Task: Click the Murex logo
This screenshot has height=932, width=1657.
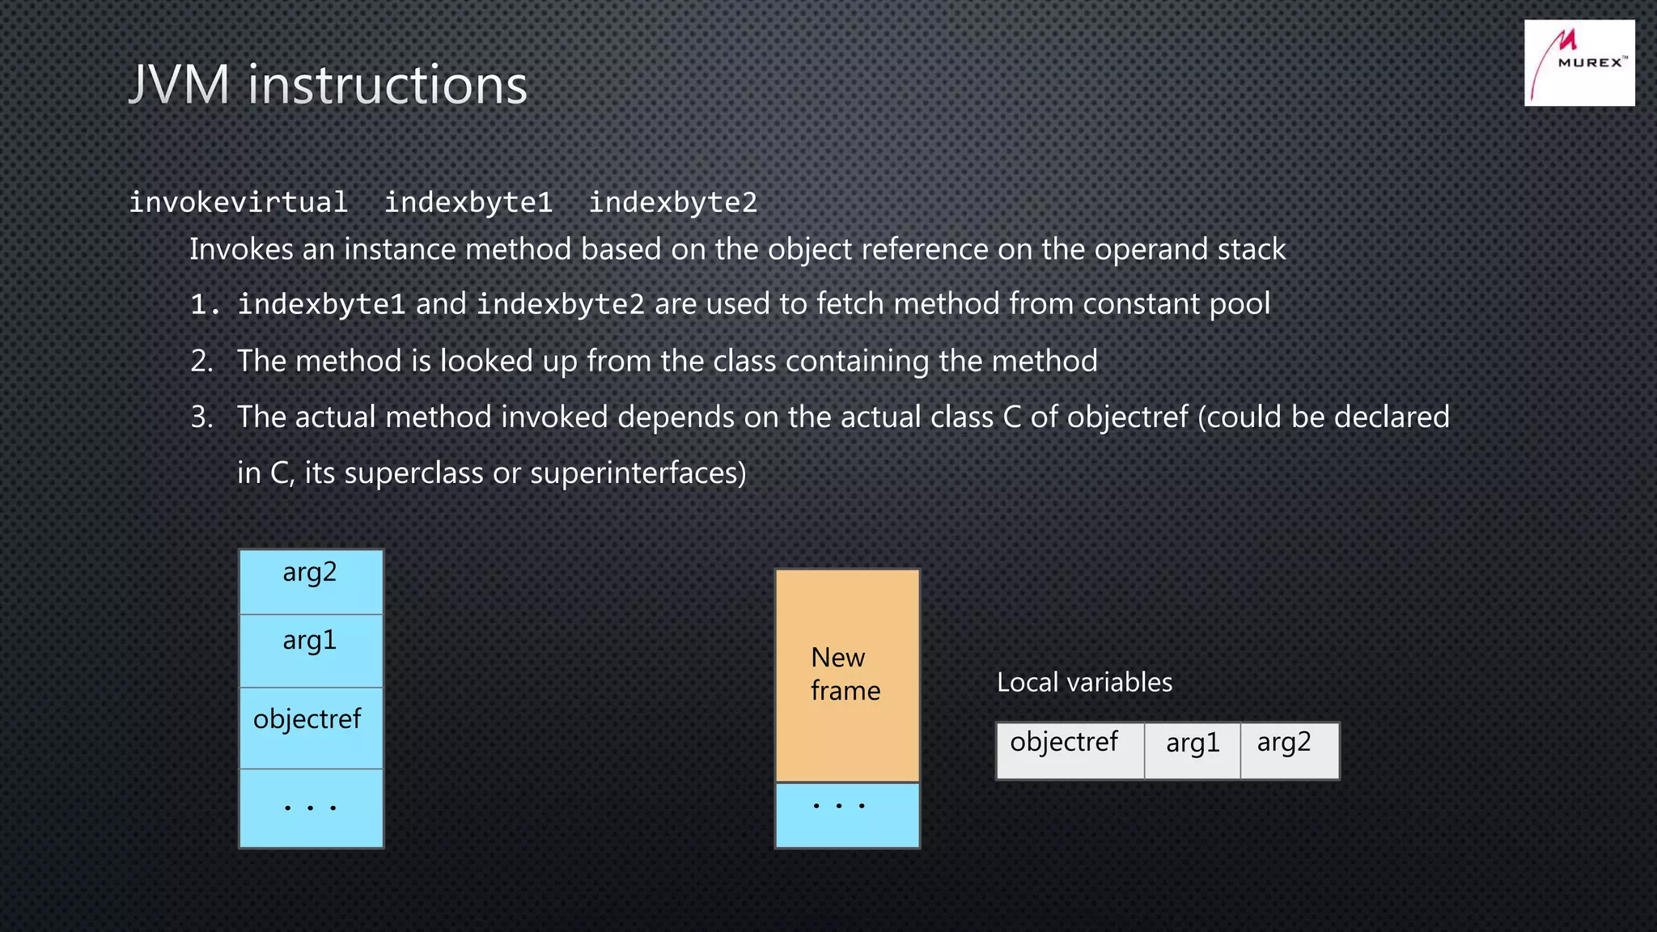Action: click(x=1579, y=63)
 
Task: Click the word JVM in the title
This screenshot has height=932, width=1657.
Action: click(x=180, y=84)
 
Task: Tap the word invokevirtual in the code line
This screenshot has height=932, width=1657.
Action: click(x=238, y=202)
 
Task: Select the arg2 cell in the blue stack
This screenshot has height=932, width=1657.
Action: click(x=311, y=581)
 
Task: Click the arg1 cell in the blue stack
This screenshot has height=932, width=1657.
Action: click(x=311, y=650)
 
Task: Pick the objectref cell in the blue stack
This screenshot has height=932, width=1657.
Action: click(x=311, y=727)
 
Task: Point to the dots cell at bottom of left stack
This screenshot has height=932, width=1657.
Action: click(x=311, y=807)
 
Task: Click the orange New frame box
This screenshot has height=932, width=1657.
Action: click(x=846, y=675)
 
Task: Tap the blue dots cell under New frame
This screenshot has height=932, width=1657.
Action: click(x=846, y=814)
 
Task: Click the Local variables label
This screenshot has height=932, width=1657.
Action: click(x=1083, y=682)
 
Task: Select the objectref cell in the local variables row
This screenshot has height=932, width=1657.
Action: click(x=1068, y=750)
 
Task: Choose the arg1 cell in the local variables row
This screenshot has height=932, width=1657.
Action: click(x=1192, y=750)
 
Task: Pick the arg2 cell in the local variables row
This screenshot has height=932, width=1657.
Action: click(x=1288, y=750)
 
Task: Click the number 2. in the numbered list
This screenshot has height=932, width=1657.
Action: click(x=201, y=361)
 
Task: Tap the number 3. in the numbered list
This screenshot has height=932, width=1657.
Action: click(x=201, y=417)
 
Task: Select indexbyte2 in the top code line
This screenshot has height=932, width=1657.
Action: click(x=672, y=202)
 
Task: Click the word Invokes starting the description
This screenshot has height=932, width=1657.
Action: click(x=241, y=249)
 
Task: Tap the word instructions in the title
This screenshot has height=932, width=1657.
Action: click(x=387, y=84)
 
